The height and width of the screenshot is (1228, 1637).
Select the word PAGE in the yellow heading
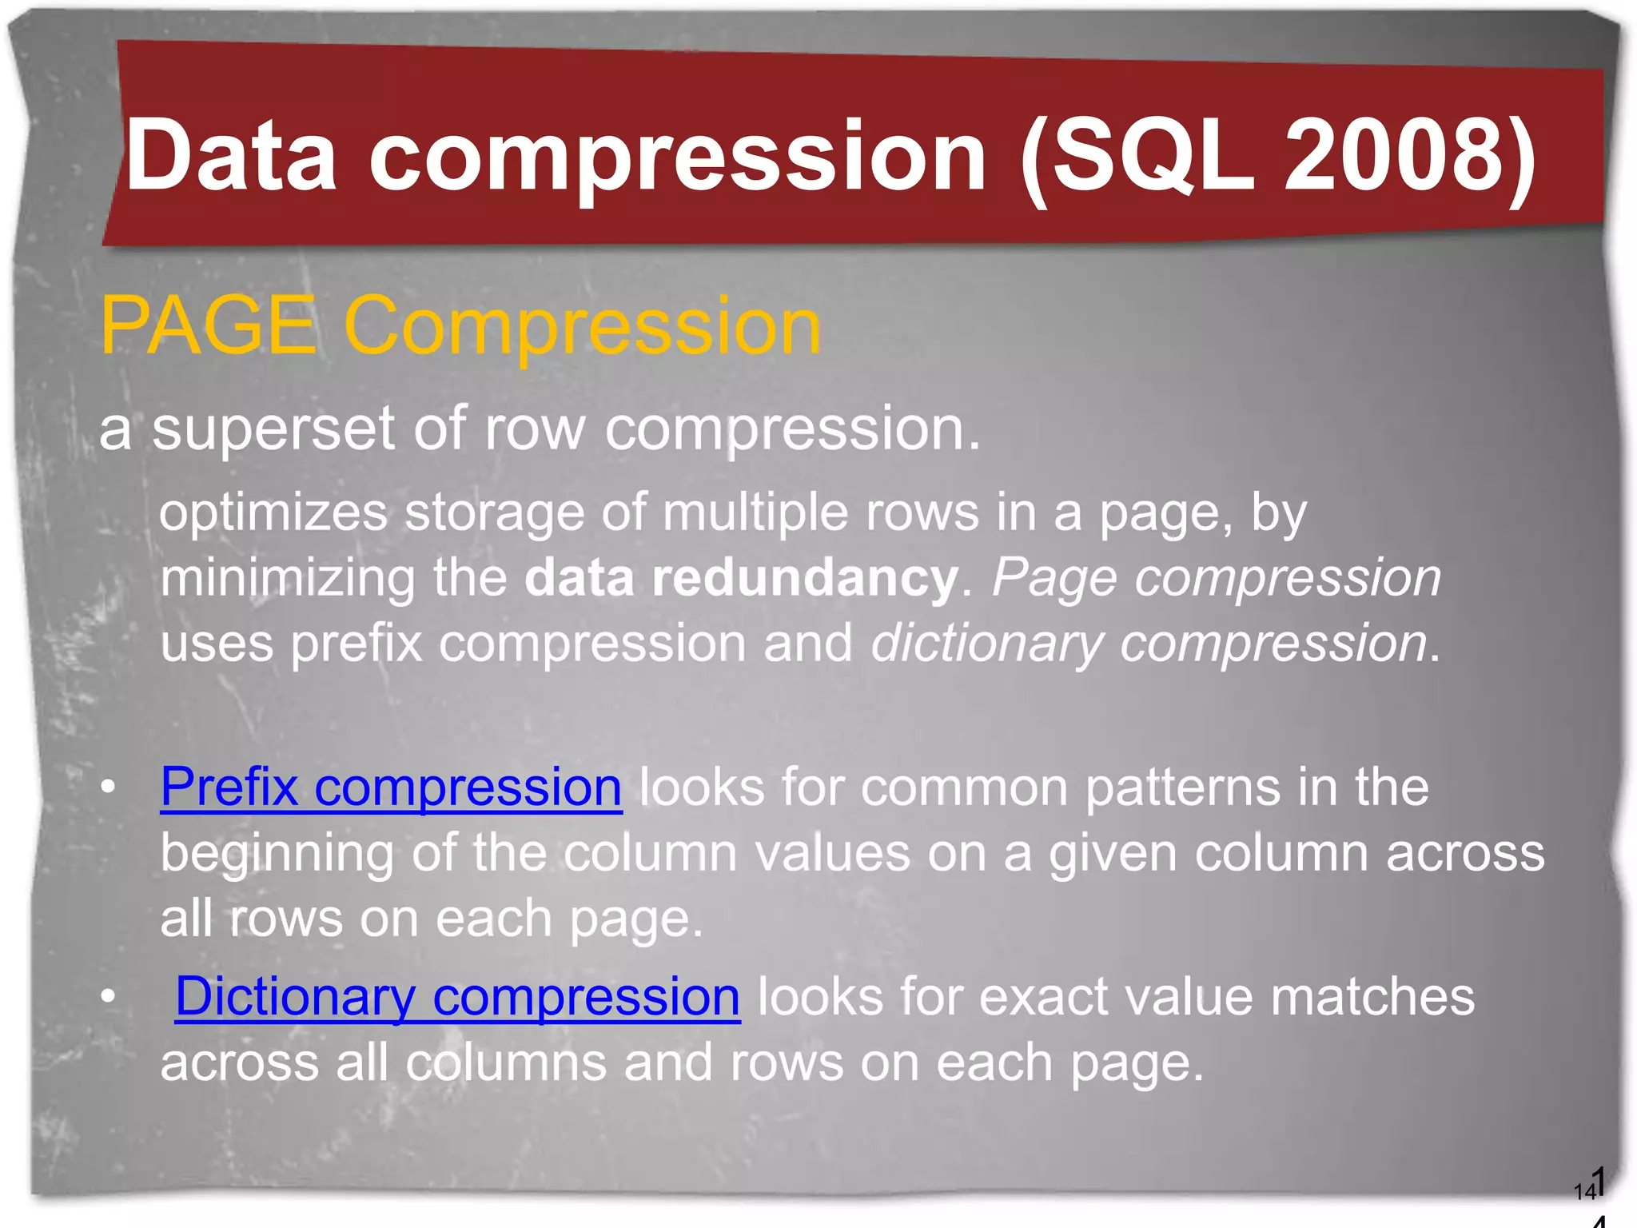208,325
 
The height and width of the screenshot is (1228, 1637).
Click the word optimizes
273,513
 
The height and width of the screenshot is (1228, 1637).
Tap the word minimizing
288,578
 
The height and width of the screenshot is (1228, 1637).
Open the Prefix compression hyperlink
391,787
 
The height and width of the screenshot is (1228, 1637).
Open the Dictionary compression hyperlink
457,997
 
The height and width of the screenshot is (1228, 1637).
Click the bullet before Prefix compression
109,787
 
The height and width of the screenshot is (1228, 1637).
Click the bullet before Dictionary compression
109,997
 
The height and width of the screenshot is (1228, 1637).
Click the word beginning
277,854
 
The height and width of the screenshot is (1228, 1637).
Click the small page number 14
1584,1192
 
